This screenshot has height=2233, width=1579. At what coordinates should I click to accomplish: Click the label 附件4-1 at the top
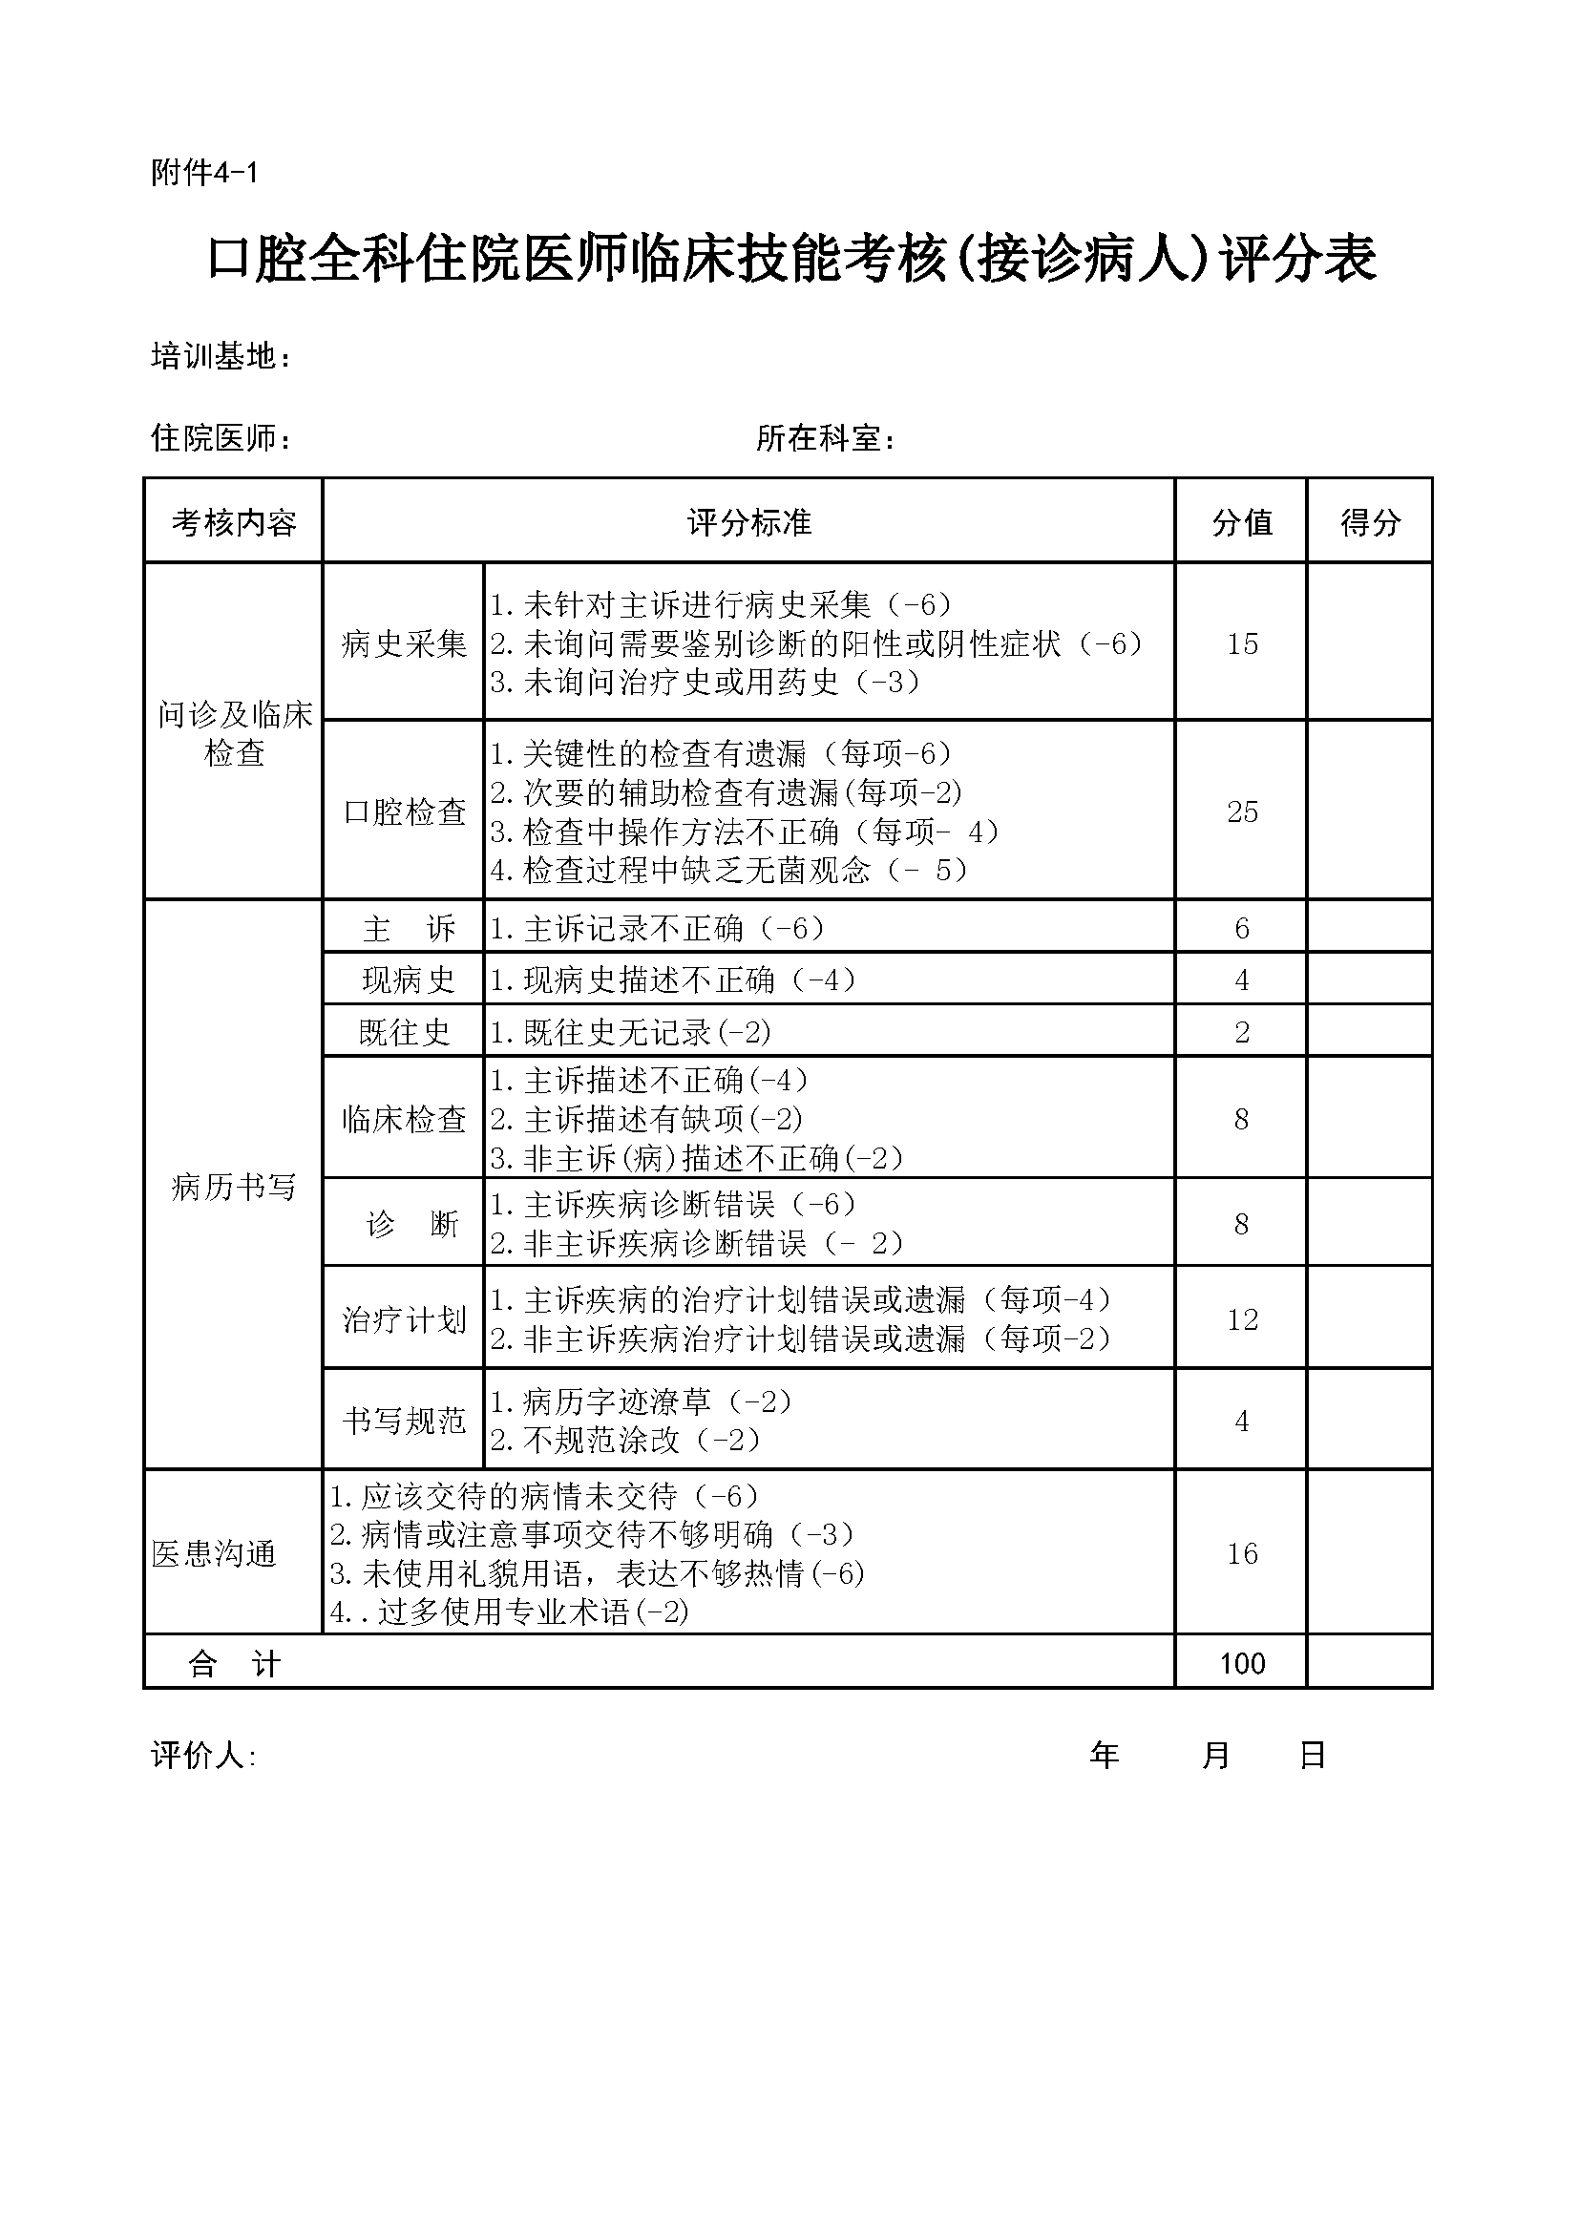(204, 173)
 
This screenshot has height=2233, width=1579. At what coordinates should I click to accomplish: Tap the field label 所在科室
(824, 438)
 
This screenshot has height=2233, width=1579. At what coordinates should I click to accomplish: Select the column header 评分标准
(748, 522)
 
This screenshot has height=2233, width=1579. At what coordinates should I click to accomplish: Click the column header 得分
(1370, 522)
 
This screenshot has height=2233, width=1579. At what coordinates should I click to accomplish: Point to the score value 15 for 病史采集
(1242, 643)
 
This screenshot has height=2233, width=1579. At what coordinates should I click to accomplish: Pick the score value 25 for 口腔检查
(1242, 812)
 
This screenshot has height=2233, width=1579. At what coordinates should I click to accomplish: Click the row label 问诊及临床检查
(234, 733)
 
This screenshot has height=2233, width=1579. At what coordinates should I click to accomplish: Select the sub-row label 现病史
(408, 980)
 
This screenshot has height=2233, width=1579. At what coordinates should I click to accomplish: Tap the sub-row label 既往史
(405, 1032)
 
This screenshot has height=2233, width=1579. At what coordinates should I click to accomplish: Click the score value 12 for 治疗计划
(1242, 1319)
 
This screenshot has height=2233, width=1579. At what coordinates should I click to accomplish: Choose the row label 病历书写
(233, 1187)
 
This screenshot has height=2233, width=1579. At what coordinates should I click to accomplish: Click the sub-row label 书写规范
(405, 1421)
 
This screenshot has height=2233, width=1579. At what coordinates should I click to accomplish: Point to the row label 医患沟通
(214, 1553)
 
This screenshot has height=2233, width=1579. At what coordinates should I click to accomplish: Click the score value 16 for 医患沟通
(1242, 1553)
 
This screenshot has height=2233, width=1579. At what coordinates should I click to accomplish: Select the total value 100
(1242, 1663)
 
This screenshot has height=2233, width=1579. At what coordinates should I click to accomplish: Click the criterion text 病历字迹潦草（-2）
(642, 1401)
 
